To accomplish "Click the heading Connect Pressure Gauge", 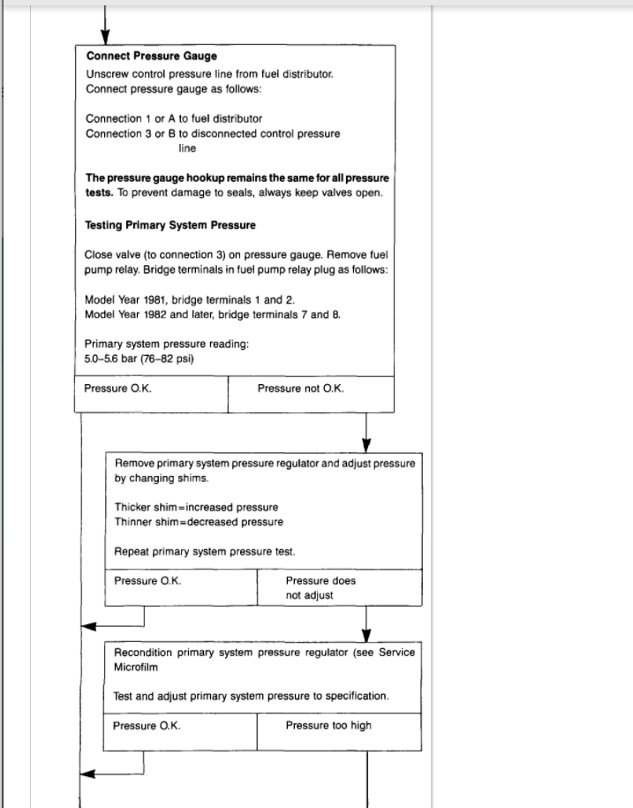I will click(x=151, y=57).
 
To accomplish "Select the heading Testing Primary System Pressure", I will click(x=170, y=225).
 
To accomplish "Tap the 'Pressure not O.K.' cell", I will click(x=301, y=389).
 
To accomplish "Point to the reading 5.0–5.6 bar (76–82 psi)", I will click(x=139, y=359).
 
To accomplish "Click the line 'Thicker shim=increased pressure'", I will click(x=196, y=508).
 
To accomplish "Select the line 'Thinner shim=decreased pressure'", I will click(x=199, y=522).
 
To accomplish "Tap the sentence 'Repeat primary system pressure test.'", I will click(x=205, y=552).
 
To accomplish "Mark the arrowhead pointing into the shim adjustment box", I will click(x=366, y=444).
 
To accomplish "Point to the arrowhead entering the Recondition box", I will click(x=366, y=635).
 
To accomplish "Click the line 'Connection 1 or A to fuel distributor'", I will click(x=174, y=118).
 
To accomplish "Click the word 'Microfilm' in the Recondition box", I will click(x=137, y=668).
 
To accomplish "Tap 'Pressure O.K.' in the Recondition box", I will click(x=147, y=726).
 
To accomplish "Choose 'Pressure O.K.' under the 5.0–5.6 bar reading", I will click(x=117, y=389).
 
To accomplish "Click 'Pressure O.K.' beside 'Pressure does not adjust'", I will click(x=147, y=581).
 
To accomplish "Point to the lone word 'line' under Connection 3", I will click(x=187, y=148).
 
